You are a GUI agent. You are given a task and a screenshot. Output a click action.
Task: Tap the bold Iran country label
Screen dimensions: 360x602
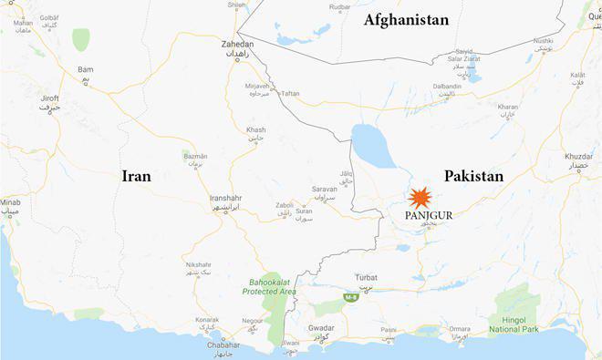point(136,176)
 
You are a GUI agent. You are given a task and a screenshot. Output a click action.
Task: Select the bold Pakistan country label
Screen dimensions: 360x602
point(473,176)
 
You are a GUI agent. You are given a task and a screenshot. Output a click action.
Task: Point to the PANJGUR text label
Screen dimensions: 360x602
point(428,215)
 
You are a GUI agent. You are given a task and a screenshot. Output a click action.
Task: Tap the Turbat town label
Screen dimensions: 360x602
point(367,277)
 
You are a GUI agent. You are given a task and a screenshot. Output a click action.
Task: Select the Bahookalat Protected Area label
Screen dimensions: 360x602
point(271,287)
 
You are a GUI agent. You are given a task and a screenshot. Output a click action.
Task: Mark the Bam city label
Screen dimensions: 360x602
point(86,69)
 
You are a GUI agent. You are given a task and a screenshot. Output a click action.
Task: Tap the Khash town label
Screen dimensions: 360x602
point(255,130)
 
